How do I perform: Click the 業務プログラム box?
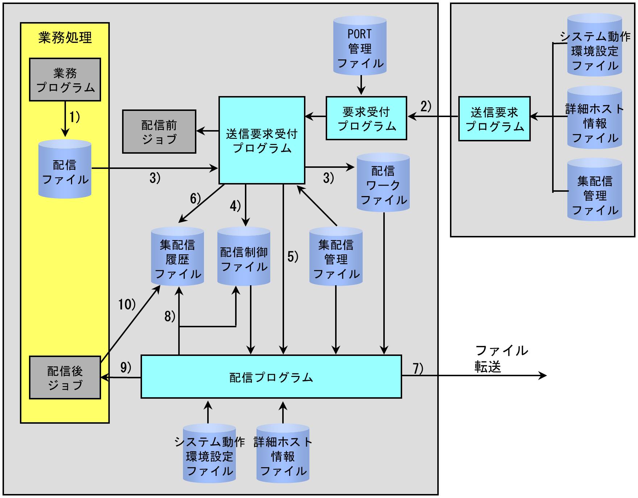click(65, 79)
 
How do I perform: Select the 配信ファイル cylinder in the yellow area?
click(65, 169)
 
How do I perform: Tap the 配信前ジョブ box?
click(159, 132)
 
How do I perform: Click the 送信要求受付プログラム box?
click(262, 140)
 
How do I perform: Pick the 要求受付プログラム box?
click(366, 118)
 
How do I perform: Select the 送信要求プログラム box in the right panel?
click(495, 119)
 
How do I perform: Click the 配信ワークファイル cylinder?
click(383, 183)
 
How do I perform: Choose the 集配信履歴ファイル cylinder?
click(178, 257)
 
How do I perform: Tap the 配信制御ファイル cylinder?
click(244, 257)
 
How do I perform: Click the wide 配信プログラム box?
click(271, 377)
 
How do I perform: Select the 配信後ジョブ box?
click(65, 378)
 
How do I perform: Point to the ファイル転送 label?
click(501, 359)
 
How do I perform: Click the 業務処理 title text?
click(65, 38)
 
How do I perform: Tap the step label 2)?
click(426, 106)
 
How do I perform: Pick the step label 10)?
click(127, 304)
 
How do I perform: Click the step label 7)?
click(418, 369)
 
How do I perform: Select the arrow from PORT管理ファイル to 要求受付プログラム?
click(361, 85)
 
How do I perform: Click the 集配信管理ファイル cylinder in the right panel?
click(595, 190)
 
